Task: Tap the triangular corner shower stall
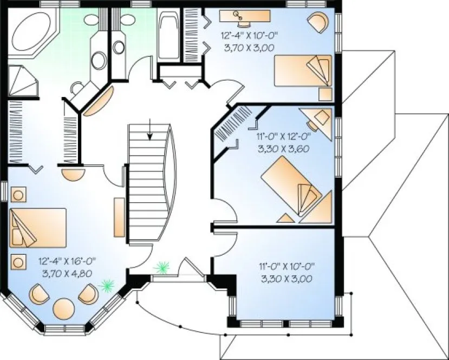coord(23,81)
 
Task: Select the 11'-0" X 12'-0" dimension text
coord(281,137)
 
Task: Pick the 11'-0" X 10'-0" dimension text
coord(287,266)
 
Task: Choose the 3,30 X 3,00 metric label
coord(287,278)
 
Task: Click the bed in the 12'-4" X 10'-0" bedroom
coord(302,70)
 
